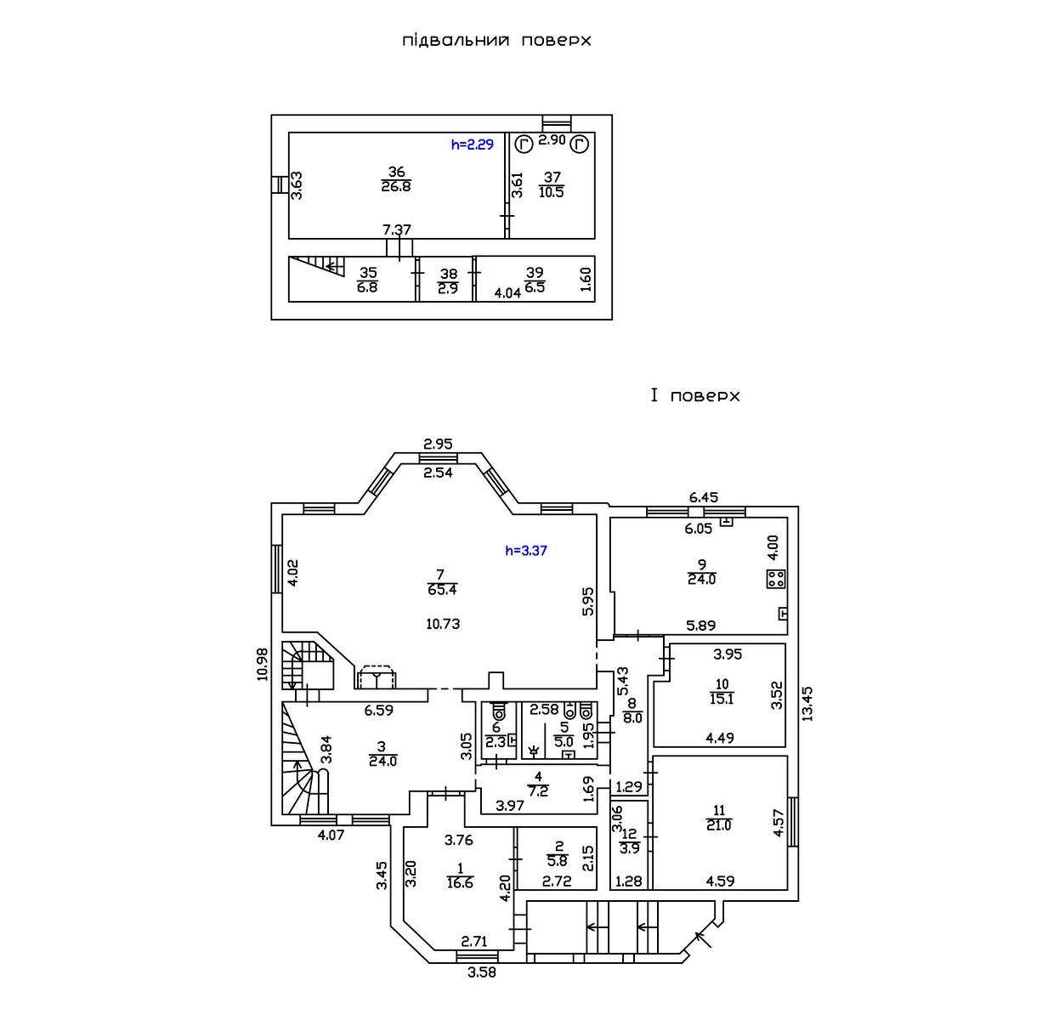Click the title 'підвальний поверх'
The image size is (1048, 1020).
(x=496, y=40)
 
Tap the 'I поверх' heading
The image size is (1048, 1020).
(x=695, y=396)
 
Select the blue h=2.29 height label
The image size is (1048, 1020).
(x=472, y=144)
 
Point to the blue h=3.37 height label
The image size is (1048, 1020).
(x=526, y=550)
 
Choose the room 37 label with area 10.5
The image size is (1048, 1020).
(x=552, y=184)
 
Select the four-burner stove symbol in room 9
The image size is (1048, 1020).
(x=774, y=580)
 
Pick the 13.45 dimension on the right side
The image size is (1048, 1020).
(x=807, y=705)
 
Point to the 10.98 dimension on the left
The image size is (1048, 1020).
(x=262, y=664)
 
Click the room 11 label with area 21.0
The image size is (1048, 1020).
(x=718, y=817)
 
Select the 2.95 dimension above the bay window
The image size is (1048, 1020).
(x=438, y=443)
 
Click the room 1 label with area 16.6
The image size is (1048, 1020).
(x=461, y=875)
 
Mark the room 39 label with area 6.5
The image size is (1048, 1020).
(x=535, y=280)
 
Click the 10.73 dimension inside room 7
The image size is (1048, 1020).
(x=443, y=623)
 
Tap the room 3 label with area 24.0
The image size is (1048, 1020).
(x=383, y=754)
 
